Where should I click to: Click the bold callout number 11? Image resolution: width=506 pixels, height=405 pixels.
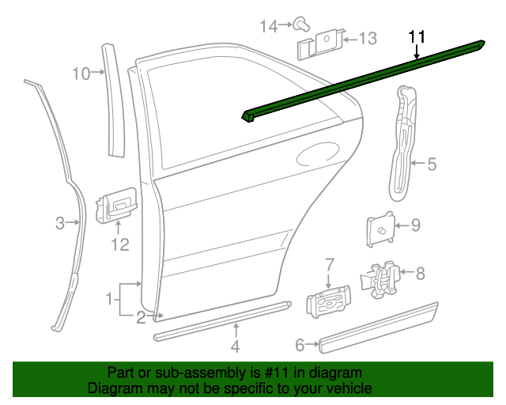[417, 36]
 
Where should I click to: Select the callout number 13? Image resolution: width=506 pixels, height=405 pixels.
[368, 38]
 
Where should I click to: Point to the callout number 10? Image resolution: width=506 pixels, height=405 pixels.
[82, 74]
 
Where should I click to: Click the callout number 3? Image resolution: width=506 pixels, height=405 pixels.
[60, 223]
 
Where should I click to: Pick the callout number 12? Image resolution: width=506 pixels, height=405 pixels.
[119, 245]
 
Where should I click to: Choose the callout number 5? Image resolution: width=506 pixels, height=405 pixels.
[432, 165]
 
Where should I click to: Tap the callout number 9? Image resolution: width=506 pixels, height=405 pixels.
[416, 225]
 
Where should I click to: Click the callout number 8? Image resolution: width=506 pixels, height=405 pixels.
[420, 274]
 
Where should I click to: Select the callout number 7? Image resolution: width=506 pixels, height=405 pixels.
[330, 263]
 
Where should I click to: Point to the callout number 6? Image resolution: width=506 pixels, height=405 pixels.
[300, 344]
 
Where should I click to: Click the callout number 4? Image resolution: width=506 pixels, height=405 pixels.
[235, 346]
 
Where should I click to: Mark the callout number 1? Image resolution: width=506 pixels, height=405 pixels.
[109, 298]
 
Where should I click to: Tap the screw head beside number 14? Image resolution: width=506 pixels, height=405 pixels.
[302, 24]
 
